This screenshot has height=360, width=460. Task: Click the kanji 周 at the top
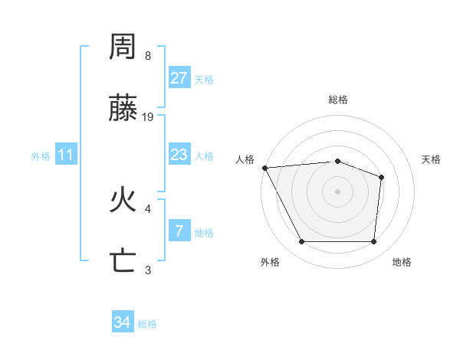(123, 47)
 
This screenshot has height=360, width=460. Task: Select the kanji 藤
(123, 110)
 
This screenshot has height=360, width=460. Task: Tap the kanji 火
(123, 201)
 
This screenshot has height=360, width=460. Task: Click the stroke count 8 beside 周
(148, 56)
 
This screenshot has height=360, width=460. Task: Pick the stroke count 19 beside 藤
(149, 117)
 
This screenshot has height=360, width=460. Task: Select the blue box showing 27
(179, 78)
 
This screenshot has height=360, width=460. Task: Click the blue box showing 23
(179, 155)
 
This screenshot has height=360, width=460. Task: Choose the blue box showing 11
(66, 155)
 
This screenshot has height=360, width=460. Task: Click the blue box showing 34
(123, 322)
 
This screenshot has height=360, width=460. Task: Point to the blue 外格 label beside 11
(41, 156)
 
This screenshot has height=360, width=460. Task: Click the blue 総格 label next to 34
(147, 324)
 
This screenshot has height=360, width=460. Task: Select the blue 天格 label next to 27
(204, 80)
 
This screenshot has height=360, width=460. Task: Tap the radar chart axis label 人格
(245, 159)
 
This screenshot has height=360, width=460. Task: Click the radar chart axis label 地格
(402, 263)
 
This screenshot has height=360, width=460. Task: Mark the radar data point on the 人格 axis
(264, 168)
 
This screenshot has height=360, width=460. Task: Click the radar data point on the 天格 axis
(381, 177)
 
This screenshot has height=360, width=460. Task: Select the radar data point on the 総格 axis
(338, 161)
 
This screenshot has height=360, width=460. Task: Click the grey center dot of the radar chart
(338, 191)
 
